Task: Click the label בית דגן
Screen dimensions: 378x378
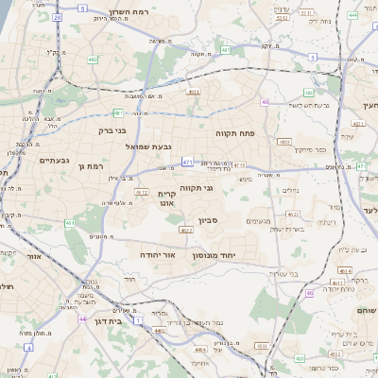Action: pos(105,321)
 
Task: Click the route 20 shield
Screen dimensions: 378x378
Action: pos(58,18)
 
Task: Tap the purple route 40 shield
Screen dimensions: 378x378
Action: pos(266,102)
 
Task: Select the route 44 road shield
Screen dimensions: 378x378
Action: pos(83,318)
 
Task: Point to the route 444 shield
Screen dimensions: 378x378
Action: pos(352,16)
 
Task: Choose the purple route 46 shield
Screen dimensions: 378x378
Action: pos(309,293)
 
